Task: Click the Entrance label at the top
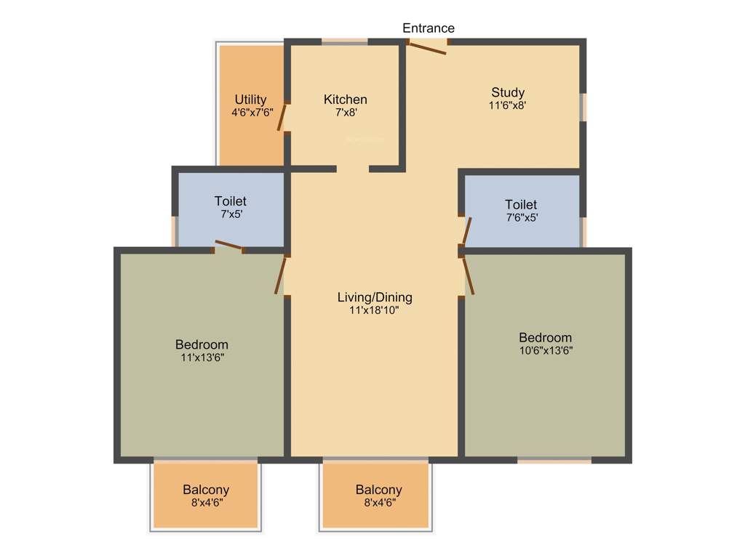coord(429,28)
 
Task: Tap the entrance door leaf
coord(427,48)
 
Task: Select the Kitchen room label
coord(346,100)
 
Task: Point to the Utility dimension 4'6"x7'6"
coord(250,113)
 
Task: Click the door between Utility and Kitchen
coord(282,116)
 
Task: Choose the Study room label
coord(508,92)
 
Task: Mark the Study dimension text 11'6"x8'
coord(508,105)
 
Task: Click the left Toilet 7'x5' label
coord(230,201)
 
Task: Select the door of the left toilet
coord(228,246)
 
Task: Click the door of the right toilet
coord(466,231)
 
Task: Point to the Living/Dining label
coord(375,297)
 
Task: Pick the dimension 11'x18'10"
coord(375,310)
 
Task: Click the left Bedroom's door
coord(280,276)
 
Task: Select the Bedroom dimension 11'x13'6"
coord(202,357)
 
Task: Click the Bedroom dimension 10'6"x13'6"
coord(545,351)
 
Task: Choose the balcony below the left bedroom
coord(206,495)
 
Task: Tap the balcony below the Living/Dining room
coord(376,495)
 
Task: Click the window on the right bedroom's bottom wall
coord(554,460)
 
